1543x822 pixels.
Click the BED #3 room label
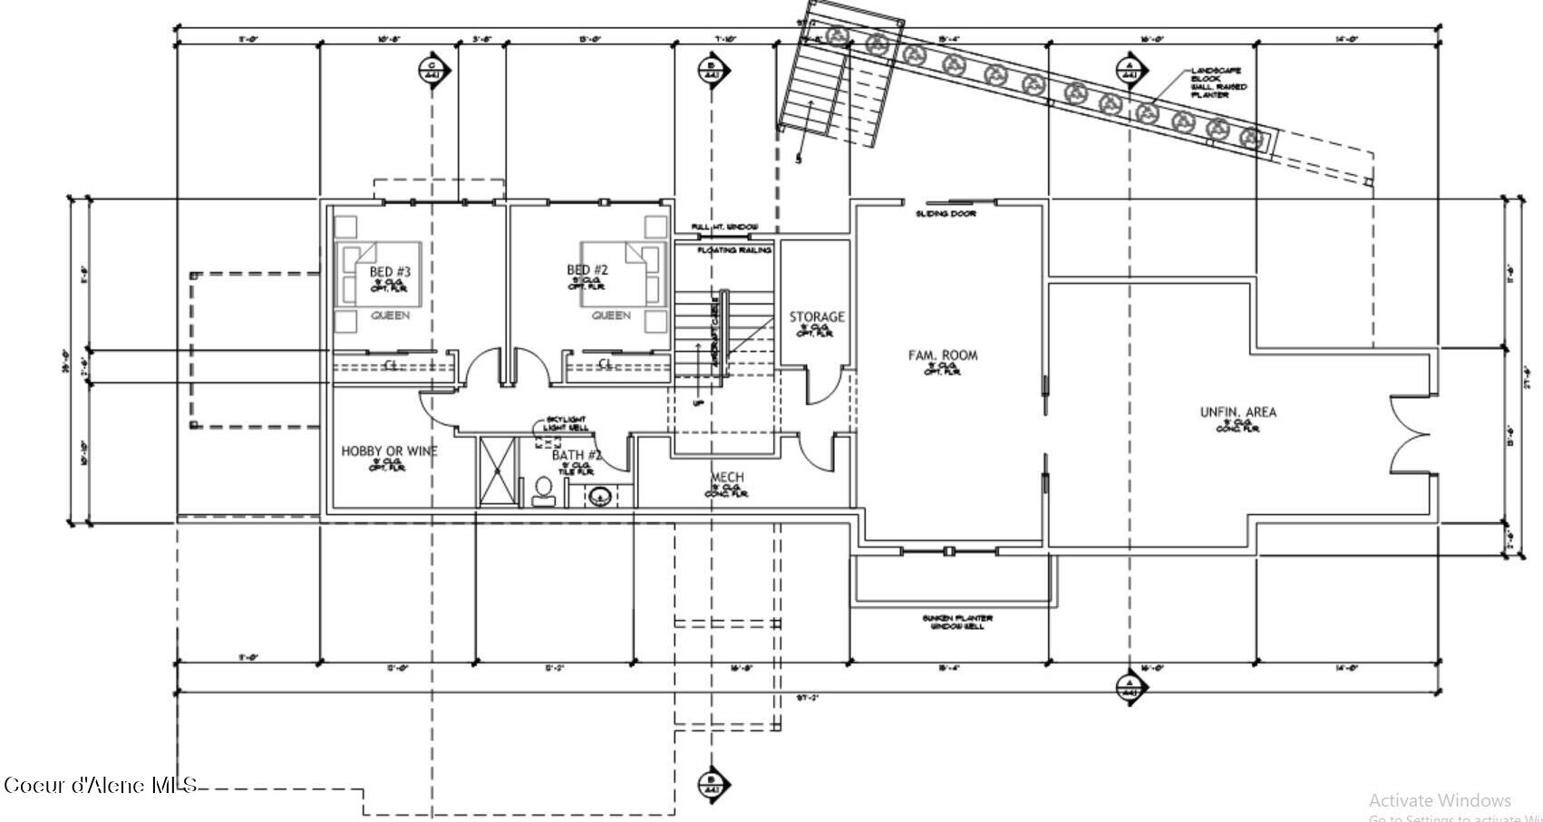coord(390,272)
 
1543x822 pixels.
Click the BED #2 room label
coord(587,270)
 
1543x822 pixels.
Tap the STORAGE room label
coord(816,317)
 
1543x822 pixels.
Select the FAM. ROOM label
coord(943,355)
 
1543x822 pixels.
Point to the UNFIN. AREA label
coord(1237,412)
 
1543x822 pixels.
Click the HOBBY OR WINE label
coord(389,451)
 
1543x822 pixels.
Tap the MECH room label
coord(727,478)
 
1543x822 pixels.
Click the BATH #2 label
coord(577,455)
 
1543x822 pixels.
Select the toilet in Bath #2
coord(544,491)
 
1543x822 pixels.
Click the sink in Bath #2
coord(599,497)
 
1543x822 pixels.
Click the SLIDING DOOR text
coord(945,214)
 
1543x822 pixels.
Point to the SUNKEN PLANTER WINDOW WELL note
coord(957,622)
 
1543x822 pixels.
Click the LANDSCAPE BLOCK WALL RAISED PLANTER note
coord(1218,82)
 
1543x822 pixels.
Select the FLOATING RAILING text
coord(734,249)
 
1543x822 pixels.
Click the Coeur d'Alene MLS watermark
coord(100,785)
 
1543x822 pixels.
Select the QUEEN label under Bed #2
coord(611,315)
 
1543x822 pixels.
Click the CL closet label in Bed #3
coord(392,364)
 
